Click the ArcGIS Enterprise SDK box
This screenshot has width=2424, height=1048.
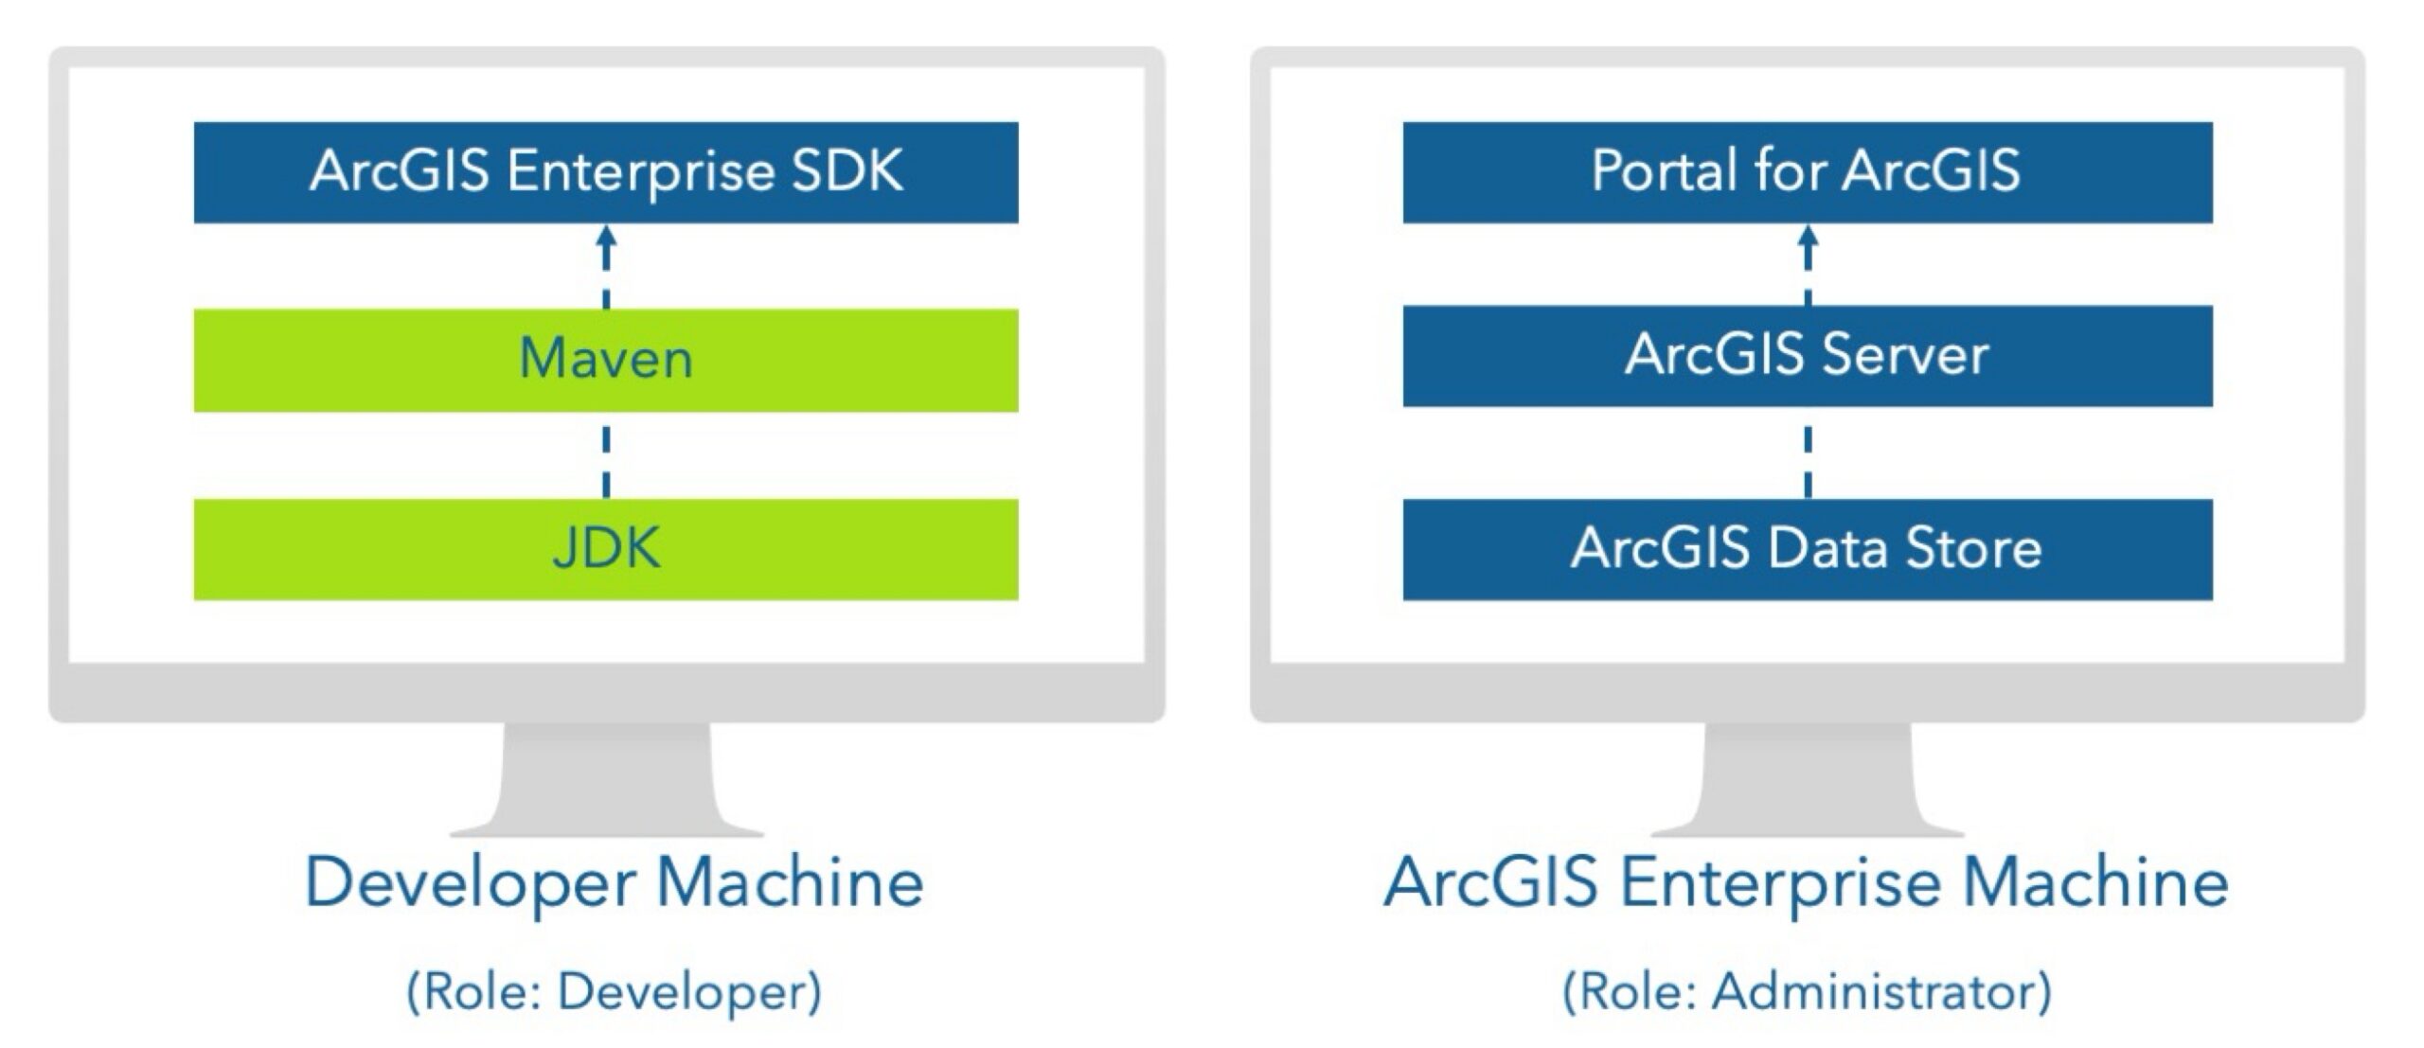[606, 172]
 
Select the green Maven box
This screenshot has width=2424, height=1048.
[606, 360]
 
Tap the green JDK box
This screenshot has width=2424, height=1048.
[606, 549]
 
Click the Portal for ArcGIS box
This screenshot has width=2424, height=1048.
[1807, 172]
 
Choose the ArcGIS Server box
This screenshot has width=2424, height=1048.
[1807, 356]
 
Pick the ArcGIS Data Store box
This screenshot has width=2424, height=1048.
[1807, 549]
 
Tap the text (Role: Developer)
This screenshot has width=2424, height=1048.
[614, 992]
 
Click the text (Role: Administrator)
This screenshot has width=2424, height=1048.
[1807, 992]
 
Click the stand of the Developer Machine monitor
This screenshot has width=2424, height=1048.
[606, 781]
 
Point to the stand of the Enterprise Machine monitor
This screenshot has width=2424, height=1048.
[1807, 781]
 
